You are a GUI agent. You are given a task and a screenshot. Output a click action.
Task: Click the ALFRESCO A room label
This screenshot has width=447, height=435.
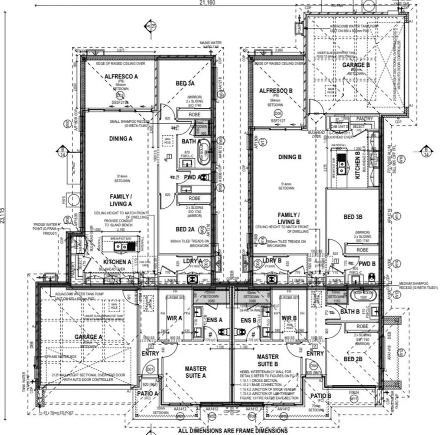[121, 76]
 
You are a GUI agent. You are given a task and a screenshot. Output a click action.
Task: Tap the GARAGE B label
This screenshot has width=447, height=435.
[356, 65]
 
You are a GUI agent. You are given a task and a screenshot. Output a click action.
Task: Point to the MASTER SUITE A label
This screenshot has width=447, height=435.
[195, 372]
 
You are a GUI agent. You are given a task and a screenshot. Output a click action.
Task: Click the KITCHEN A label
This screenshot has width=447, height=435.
[117, 261]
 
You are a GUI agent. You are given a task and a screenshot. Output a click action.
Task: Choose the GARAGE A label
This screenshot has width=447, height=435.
[89, 337]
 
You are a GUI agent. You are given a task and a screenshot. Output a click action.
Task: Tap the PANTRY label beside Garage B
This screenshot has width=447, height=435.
[365, 119]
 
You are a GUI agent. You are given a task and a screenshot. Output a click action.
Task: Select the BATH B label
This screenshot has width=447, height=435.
[350, 312]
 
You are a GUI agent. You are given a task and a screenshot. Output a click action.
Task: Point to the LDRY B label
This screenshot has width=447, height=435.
[272, 261]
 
